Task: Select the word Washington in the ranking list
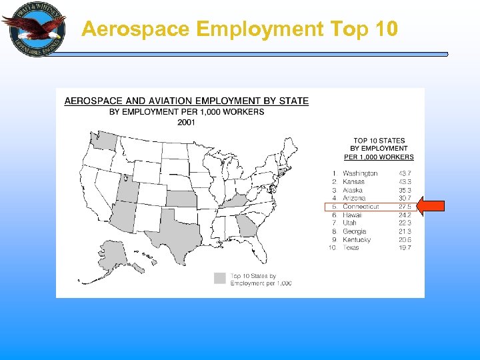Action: (x=360, y=173)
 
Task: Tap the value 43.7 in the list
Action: (x=405, y=173)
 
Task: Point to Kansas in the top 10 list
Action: (x=353, y=181)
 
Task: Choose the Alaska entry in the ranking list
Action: (x=353, y=190)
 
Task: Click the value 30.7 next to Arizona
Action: (x=405, y=198)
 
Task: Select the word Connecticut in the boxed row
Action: (x=361, y=207)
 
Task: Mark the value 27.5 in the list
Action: (x=405, y=207)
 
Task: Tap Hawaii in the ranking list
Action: (x=352, y=215)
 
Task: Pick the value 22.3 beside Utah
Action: (x=405, y=223)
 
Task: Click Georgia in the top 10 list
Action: (x=354, y=231)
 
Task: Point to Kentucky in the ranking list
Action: (x=357, y=239)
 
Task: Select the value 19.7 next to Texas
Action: (x=405, y=247)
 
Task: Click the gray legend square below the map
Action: (x=219, y=279)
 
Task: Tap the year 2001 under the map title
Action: (x=187, y=121)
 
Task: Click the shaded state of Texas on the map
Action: (x=176, y=233)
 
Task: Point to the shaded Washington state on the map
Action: (x=103, y=139)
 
